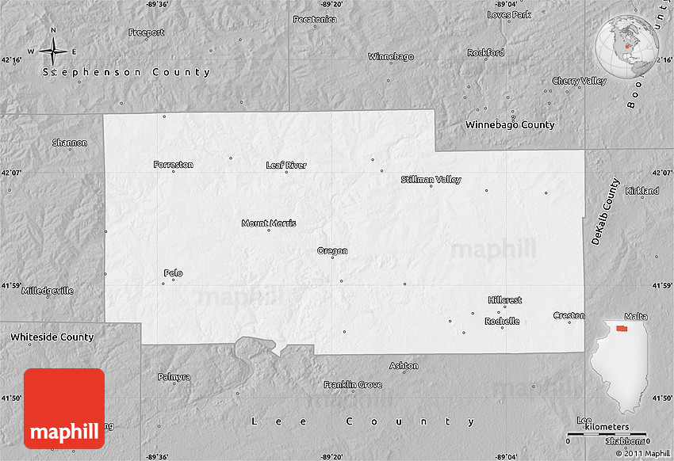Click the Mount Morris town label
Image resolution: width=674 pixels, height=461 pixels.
coord(269,223)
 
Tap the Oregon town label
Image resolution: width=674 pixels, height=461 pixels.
coord(332,251)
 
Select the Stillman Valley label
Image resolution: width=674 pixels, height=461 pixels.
coord(431,180)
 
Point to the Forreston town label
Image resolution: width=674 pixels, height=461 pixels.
coord(173,165)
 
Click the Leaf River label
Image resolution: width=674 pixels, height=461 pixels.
coord(286,166)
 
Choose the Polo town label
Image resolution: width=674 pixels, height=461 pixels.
coord(173,273)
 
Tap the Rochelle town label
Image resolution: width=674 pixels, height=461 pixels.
coord(502,321)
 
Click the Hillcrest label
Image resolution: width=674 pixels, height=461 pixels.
coord(505,300)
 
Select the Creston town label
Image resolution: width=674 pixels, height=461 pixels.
coord(569,315)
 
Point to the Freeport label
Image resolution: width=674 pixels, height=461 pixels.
coord(147,32)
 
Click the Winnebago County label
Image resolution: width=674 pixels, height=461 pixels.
coord(510,125)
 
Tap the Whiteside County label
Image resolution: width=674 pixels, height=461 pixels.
coord(52,337)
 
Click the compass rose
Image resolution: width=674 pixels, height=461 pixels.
coord(53,51)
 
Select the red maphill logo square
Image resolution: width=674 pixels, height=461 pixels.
coord(64,408)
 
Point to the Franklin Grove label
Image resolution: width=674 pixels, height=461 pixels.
coord(352,385)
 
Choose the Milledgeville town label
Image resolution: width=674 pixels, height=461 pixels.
coord(48,291)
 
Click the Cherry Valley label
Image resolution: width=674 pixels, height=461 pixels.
coord(579,81)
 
